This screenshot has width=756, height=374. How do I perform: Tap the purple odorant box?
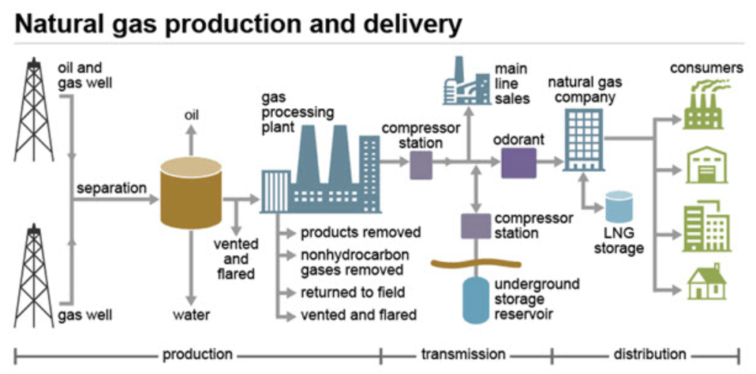(518, 163)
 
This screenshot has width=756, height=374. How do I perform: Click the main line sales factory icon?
(464, 84)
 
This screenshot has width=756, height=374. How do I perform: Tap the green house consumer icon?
(706, 282)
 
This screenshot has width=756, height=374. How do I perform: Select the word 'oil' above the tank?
(190, 115)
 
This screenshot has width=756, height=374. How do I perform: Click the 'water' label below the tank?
(191, 316)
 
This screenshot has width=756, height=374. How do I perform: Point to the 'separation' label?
(111, 188)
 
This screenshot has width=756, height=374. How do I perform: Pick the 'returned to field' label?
(352, 293)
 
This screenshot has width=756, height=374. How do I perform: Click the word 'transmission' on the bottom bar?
(463, 354)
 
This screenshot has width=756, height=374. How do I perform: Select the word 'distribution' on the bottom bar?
(650, 354)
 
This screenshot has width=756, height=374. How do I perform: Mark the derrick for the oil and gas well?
(33, 111)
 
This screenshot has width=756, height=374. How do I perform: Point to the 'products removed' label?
(360, 233)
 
